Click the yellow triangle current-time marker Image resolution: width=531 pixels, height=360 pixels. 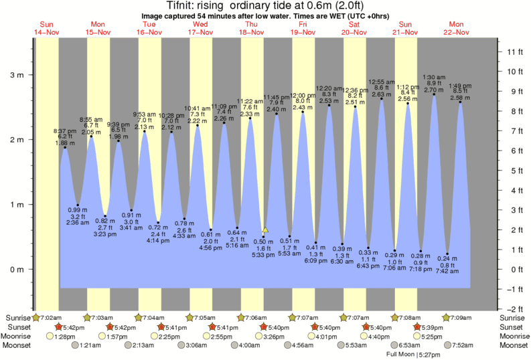(265, 230)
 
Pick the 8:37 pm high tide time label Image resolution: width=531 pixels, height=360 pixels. (64, 131)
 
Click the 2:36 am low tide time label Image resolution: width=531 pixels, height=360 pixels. (78, 223)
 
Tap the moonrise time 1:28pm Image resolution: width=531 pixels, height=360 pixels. (64, 336)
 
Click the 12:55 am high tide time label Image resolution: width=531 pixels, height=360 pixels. (382, 81)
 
